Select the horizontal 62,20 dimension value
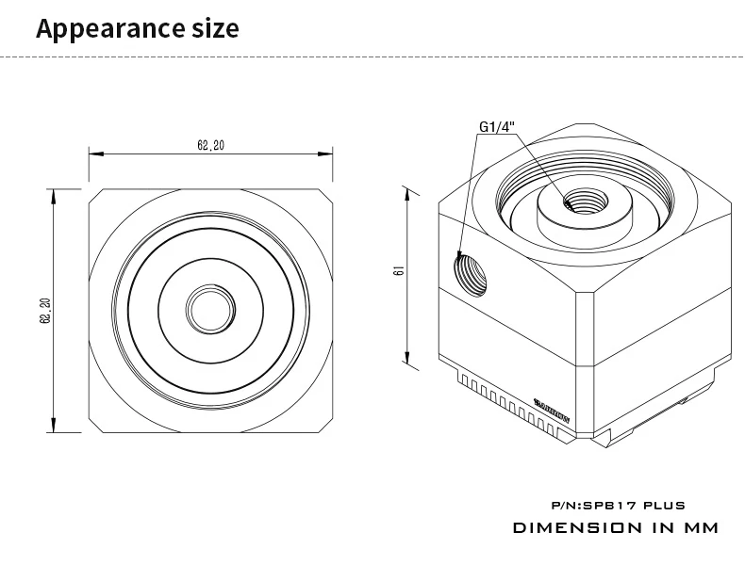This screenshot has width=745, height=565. pos(210,145)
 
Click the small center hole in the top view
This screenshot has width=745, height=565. pos(211,307)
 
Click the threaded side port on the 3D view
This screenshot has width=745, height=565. pos(469,272)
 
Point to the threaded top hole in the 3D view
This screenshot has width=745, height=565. pos(573,201)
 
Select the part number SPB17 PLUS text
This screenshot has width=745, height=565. pos(616,506)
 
